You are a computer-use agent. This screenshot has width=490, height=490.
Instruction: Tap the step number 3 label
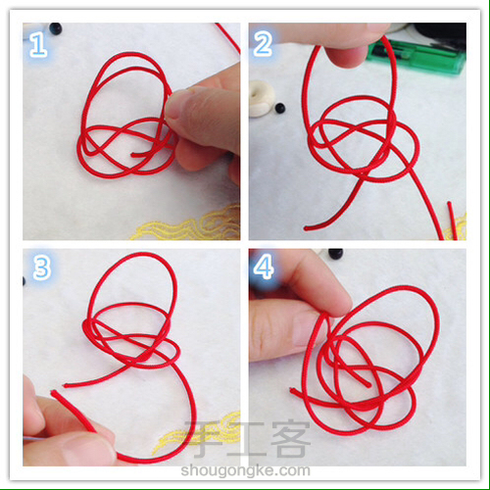41,268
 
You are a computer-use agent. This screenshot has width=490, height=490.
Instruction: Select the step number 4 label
264,267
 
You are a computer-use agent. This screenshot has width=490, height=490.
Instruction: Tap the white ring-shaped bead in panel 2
261,98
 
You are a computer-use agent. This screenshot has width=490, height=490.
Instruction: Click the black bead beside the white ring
279,108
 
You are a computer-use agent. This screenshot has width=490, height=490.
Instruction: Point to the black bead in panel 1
55,28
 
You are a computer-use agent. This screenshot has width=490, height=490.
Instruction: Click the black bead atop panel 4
335,253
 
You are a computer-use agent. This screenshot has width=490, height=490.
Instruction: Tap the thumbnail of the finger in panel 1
173,105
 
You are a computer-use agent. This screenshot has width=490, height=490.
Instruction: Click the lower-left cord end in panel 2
306,228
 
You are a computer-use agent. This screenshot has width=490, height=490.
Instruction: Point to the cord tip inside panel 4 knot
369,385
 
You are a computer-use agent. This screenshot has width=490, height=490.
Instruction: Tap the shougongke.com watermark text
245,470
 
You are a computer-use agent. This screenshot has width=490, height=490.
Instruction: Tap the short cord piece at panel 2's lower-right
452,220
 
